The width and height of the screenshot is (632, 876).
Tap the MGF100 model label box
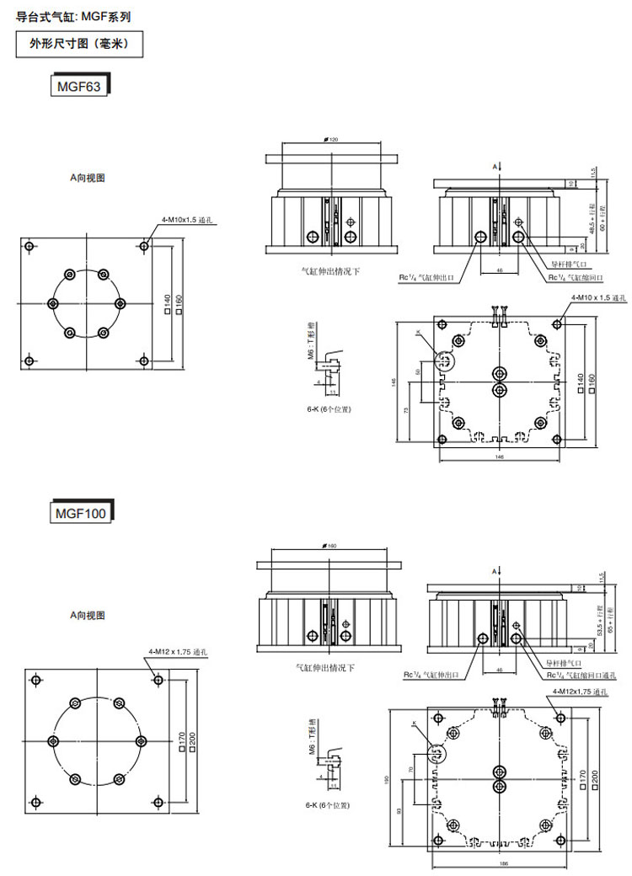tap(82, 511)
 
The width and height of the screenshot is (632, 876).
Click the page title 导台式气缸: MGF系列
tap(73, 15)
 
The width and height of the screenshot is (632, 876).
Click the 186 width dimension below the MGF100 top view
tap(504, 864)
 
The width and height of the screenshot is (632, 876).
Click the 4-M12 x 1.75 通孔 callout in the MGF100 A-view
tap(177, 652)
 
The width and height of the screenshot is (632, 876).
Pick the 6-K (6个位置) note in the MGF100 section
tap(328, 805)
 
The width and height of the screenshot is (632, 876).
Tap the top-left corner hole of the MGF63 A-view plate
tap(30, 246)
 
